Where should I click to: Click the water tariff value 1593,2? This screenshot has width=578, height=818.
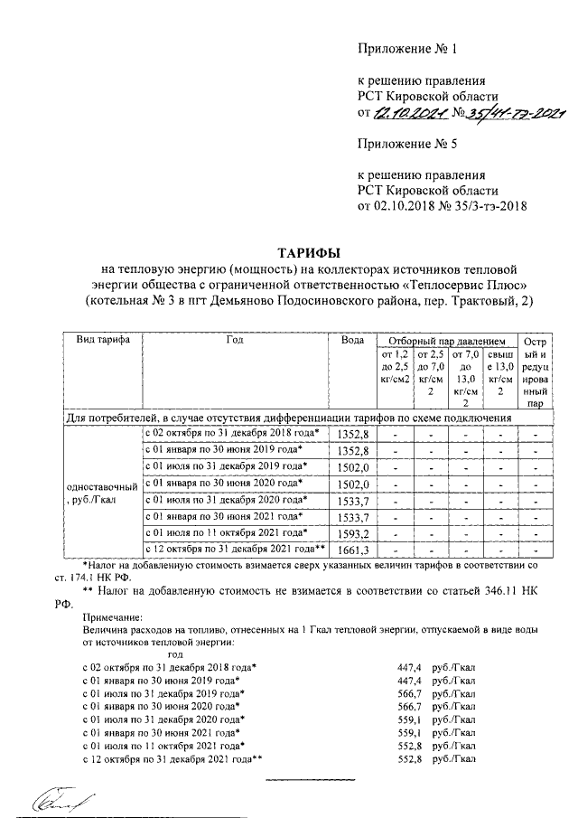click(353, 532)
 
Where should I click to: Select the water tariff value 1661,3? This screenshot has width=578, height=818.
click(353, 550)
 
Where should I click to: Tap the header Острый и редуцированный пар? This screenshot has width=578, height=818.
click(536, 372)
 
